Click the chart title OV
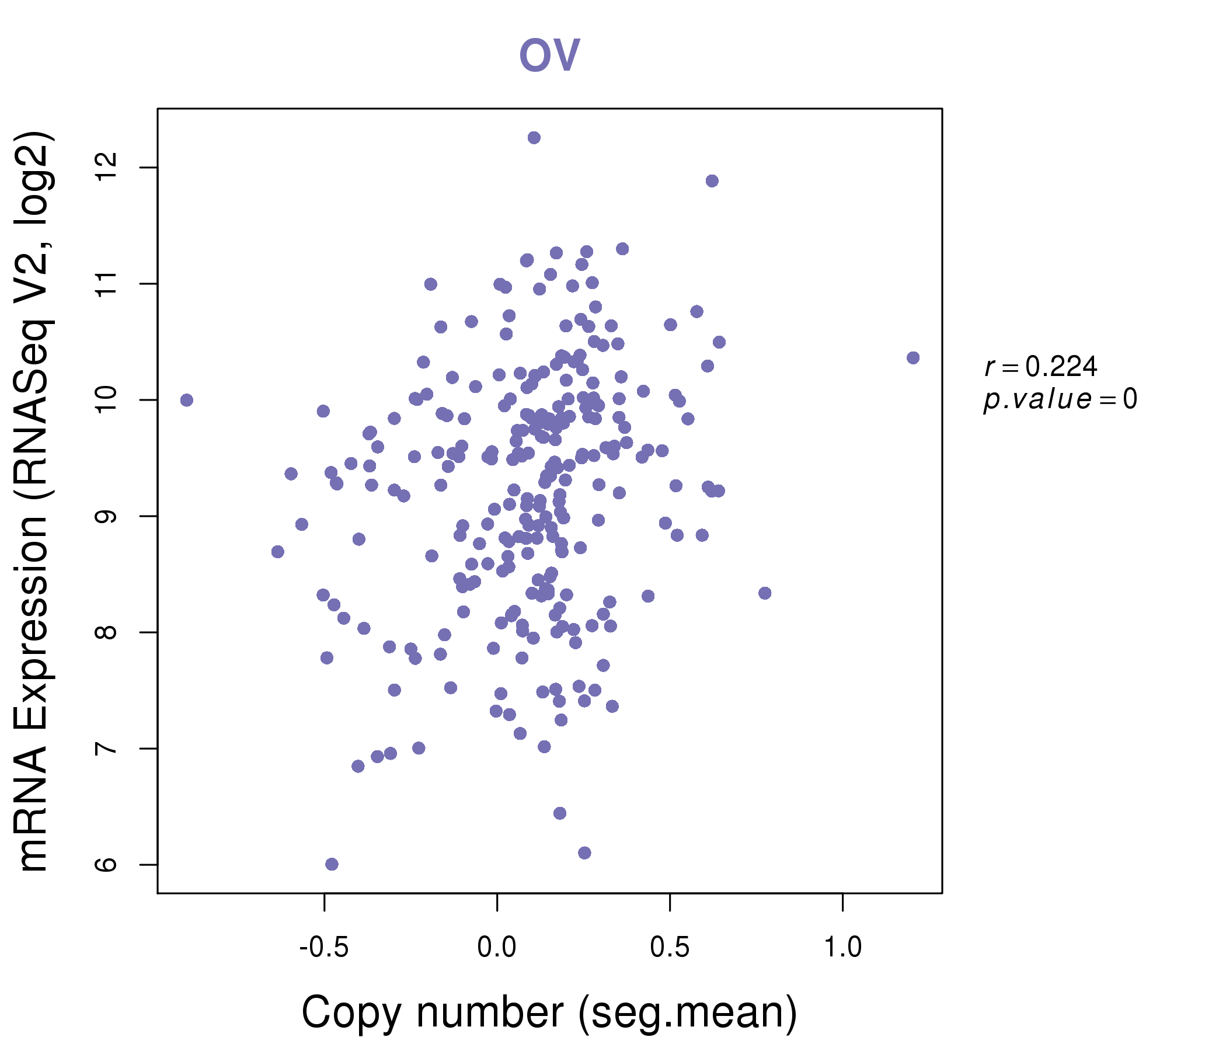click(549, 55)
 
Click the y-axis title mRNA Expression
click(34, 502)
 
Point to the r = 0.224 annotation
click(1041, 367)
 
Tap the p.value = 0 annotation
click(1060, 399)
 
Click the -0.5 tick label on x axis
click(323, 948)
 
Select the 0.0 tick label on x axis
click(497, 948)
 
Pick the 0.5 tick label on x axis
click(670, 948)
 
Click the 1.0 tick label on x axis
click(842, 948)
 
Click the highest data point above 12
click(534, 138)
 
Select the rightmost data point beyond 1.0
click(913, 358)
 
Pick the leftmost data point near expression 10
click(187, 401)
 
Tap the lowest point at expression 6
click(332, 864)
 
